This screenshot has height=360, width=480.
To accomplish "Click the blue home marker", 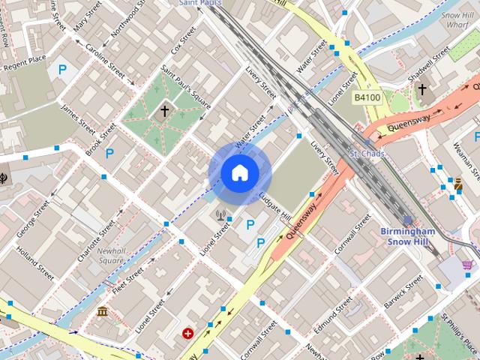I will point(239,173).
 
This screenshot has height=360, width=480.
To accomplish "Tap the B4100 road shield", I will point(367,98).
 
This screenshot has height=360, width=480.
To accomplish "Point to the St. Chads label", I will point(367,154).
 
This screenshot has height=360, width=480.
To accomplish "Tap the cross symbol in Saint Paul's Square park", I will point(165,112).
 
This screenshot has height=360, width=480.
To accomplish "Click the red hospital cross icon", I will point(187,333).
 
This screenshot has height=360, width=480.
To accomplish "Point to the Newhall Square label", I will point(110,256).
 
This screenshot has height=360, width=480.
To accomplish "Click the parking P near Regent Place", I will point(63,70).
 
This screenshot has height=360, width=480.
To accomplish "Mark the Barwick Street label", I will point(404,293).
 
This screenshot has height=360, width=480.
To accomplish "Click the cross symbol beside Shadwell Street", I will point(422,90).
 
